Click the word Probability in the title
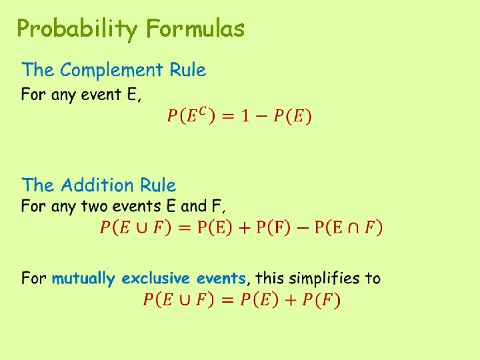point(77,29)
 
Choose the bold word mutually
point(83,279)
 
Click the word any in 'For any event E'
point(63,95)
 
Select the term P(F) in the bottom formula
point(321,300)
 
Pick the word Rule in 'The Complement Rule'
point(187,70)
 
